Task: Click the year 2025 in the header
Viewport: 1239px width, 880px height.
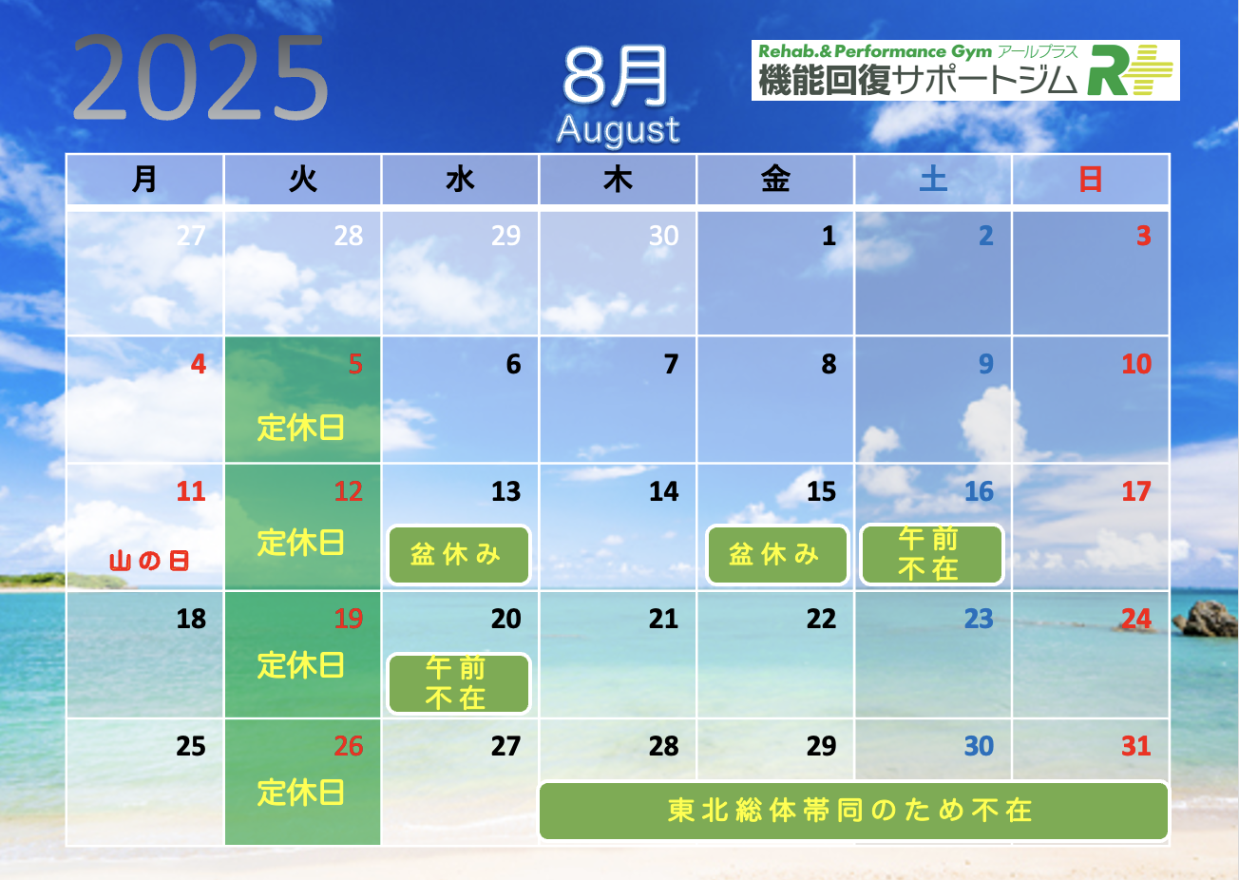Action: tap(200, 76)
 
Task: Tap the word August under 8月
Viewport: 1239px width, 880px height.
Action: tap(618, 130)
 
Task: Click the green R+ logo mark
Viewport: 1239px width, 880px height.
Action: tap(1130, 70)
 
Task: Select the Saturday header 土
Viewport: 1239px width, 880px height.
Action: tap(933, 180)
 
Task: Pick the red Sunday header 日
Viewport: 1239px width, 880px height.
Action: tap(1090, 180)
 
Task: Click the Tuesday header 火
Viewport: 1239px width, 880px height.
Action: tap(302, 180)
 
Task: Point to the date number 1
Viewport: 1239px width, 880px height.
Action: tap(829, 236)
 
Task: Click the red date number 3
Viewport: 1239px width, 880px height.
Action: tap(1144, 236)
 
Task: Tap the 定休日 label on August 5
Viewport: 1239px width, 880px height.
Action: tap(301, 428)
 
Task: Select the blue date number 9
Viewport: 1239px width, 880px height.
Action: tap(985, 364)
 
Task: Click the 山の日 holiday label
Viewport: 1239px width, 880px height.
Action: tap(149, 561)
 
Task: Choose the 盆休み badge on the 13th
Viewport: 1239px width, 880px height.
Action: tap(459, 555)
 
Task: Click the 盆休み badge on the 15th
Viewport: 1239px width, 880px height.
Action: tap(777, 555)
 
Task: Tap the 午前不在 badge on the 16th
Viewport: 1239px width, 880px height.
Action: tap(932, 554)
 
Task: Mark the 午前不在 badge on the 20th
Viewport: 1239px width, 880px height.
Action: tap(459, 683)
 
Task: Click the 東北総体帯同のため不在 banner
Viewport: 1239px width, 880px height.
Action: tap(853, 811)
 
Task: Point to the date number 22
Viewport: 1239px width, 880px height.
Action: tap(821, 619)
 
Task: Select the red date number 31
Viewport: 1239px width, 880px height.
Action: tap(1136, 746)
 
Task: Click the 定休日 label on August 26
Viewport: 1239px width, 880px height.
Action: tap(301, 792)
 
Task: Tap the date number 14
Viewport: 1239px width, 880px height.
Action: tap(664, 491)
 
